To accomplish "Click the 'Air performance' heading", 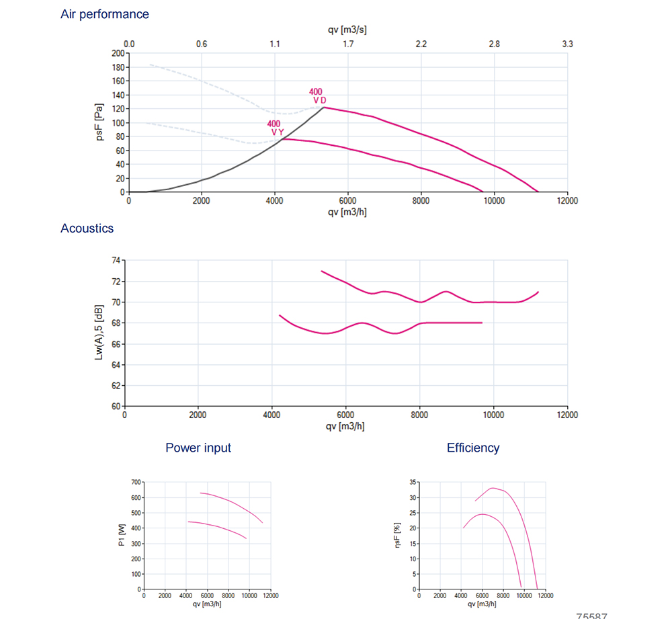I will [105, 14].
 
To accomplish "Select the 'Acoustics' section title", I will [87, 229].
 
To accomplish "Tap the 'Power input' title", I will [198, 448].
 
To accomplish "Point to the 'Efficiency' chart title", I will [473, 448].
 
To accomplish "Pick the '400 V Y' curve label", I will [276, 128].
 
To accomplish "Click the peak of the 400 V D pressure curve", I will [325, 108].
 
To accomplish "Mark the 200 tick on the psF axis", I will [118, 53].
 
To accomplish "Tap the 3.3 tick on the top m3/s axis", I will [567, 44].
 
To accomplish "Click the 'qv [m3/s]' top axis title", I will [347, 30].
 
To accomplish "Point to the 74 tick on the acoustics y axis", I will [116, 260].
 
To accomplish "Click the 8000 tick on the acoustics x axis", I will [420, 415].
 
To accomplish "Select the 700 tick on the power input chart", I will [136, 483].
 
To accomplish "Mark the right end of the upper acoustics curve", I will [539, 292].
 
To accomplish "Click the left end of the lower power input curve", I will [188, 522].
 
